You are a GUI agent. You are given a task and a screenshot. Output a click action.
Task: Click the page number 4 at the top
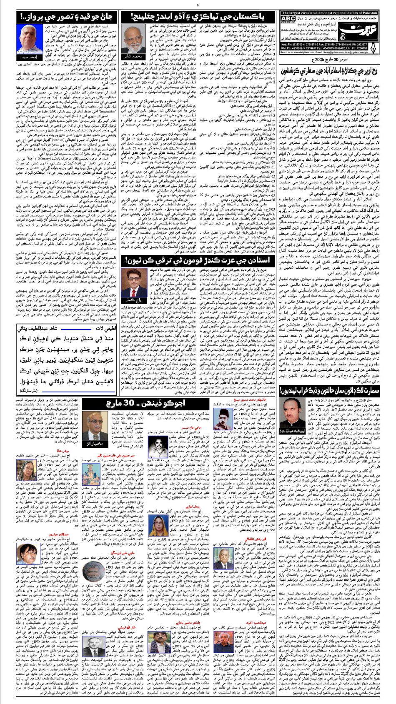pyautogui.click(x=197, y=5)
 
